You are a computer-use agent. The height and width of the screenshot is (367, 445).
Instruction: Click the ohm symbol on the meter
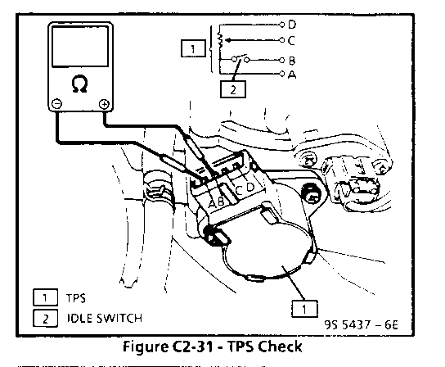pos(79,84)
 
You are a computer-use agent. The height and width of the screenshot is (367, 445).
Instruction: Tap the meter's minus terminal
pos(56,104)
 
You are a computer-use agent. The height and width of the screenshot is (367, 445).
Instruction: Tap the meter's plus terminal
pos(104,104)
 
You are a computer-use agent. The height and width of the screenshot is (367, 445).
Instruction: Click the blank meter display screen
pos(80,47)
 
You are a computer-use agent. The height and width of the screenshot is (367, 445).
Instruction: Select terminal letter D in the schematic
pos(292,25)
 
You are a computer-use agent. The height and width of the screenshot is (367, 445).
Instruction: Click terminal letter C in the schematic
pos(291,40)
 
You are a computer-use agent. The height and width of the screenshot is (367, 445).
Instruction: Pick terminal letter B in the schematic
pos(292,61)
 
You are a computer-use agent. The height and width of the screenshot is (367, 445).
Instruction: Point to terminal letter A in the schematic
pos(292,75)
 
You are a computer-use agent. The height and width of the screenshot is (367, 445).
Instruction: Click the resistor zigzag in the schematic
pos(220,40)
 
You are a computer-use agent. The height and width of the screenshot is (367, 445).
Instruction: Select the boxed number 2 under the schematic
pos(233,89)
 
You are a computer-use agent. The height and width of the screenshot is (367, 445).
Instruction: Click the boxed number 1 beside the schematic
pos(193,48)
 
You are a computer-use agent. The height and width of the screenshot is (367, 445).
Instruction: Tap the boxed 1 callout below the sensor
pos(304,309)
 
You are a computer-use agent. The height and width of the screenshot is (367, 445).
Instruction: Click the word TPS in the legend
pos(76,298)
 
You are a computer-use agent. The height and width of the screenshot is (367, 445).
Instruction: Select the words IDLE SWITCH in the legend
pos(104,318)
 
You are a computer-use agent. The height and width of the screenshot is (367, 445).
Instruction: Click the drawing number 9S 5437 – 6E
pos(361,324)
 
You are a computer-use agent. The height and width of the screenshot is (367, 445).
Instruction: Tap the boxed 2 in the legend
pos(46,319)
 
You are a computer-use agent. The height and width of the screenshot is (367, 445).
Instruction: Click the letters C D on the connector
pos(245,188)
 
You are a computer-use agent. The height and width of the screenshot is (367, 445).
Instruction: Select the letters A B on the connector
pos(217,202)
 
